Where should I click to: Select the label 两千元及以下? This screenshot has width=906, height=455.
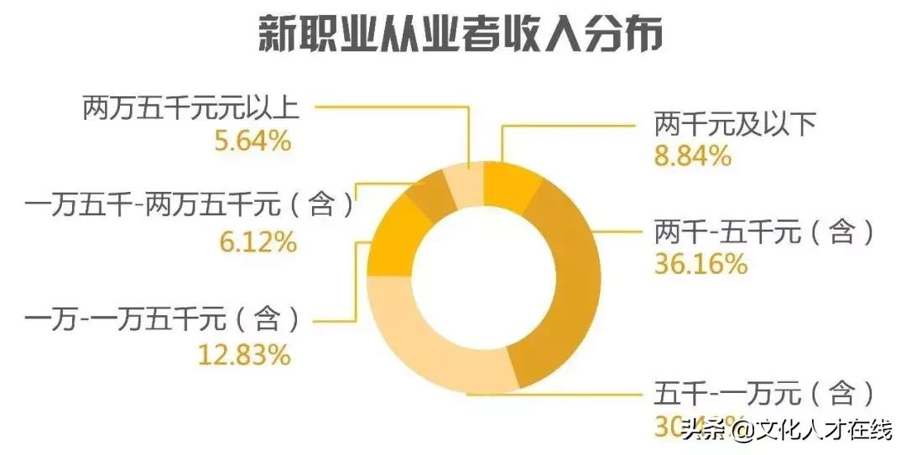[734, 126]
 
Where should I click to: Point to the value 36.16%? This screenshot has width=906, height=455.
[700, 264]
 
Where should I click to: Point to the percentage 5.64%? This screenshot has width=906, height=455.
[252, 141]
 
